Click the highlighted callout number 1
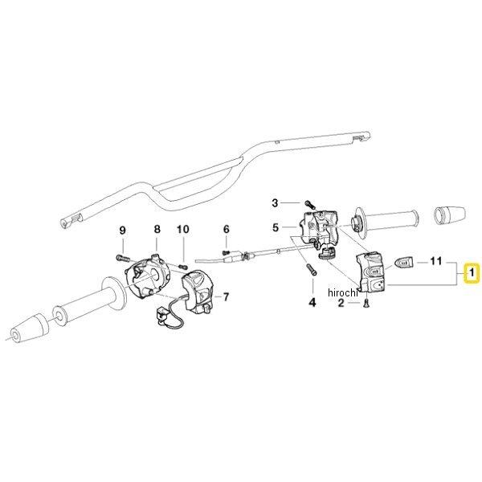pyautogui.click(x=472, y=274)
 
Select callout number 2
pyautogui.click(x=341, y=302)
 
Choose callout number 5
pyautogui.click(x=275, y=228)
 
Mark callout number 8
pyautogui.click(x=157, y=229)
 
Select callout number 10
pyautogui.click(x=182, y=229)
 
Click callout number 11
pyautogui.click(x=437, y=261)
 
